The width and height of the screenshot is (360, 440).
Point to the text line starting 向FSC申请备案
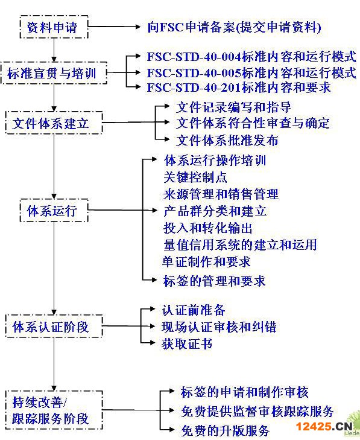click(234, 27)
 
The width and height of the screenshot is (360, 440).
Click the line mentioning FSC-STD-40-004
click(251, 57)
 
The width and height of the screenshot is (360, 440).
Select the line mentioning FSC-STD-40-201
click(239, 88)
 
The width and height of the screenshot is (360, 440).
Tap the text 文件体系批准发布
click(227, 140)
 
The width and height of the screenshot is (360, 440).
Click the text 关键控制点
click(195, 177)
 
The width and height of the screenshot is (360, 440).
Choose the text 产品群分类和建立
click(215, 211)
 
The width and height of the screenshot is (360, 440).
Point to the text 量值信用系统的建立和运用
click(240, 244)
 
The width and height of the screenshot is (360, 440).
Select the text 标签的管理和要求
click(214, 281)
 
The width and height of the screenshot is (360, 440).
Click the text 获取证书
click(187, 343)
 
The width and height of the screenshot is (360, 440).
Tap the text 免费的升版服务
click(225, 430)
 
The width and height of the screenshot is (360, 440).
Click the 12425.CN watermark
click(324, 427)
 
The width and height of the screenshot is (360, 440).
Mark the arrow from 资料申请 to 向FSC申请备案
click(114, 27)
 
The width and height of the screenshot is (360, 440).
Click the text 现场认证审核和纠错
click(219, 327)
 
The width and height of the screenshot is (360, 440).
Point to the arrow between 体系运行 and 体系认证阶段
click(54, 268)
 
